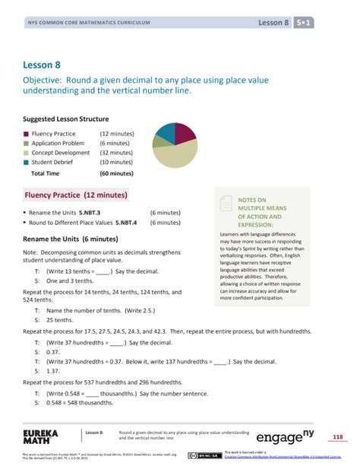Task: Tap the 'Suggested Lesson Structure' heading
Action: tap(65, 119)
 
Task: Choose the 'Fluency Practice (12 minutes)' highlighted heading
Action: tap(74, 195)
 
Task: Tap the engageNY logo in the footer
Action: tap(297, 439)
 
